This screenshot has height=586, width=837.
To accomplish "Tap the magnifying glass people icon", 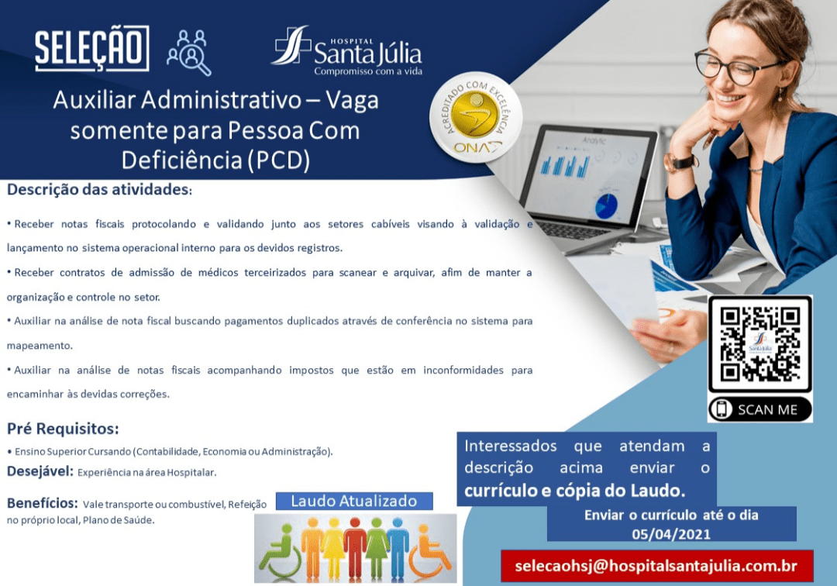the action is click(189, 53).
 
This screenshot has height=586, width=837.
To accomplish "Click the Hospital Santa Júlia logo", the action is click(346, 51).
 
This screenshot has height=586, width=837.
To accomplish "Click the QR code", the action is click(759, 344).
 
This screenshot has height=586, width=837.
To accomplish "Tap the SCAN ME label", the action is click(759, 409).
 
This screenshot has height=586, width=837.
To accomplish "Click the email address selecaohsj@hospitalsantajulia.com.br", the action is click(656, 567).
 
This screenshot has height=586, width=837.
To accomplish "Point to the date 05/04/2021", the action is click(671, 534).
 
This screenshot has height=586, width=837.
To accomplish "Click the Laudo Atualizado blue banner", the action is click(354, 502).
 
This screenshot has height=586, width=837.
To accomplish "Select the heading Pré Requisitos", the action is click(63, 429).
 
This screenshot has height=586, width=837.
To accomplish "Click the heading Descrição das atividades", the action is click(99, 189).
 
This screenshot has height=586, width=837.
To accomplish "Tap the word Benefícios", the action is click(42, 503).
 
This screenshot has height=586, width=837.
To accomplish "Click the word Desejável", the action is click(40, 471).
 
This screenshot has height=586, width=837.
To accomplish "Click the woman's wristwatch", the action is click(680, 162).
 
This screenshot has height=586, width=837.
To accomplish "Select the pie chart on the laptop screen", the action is click(606, 206).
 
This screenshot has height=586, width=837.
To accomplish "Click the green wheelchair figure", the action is click(280, 553).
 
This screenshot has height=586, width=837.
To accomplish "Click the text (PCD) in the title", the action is click(277, 160).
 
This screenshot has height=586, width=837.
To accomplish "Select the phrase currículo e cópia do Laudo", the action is click(574, 491).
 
